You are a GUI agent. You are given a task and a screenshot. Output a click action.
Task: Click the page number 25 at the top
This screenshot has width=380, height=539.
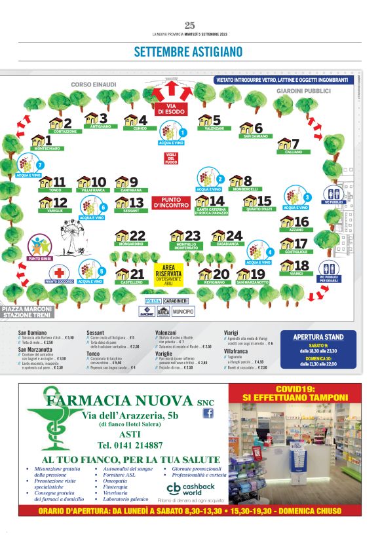coord(190,26)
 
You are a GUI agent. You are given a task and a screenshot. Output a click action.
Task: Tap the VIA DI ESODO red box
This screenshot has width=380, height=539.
coord(172,109)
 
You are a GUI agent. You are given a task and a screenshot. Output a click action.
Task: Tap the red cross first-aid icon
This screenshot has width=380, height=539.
coord(60,272)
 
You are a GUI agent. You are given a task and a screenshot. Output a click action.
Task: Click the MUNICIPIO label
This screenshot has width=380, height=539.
coord(183,312)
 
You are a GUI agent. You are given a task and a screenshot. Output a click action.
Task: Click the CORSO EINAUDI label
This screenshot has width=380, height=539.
coord(93,84)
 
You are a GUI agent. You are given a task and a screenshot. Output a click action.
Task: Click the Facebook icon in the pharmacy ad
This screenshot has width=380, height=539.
coord(209,413)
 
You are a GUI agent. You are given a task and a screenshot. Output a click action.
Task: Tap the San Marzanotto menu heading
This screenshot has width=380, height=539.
coord(35,350)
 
